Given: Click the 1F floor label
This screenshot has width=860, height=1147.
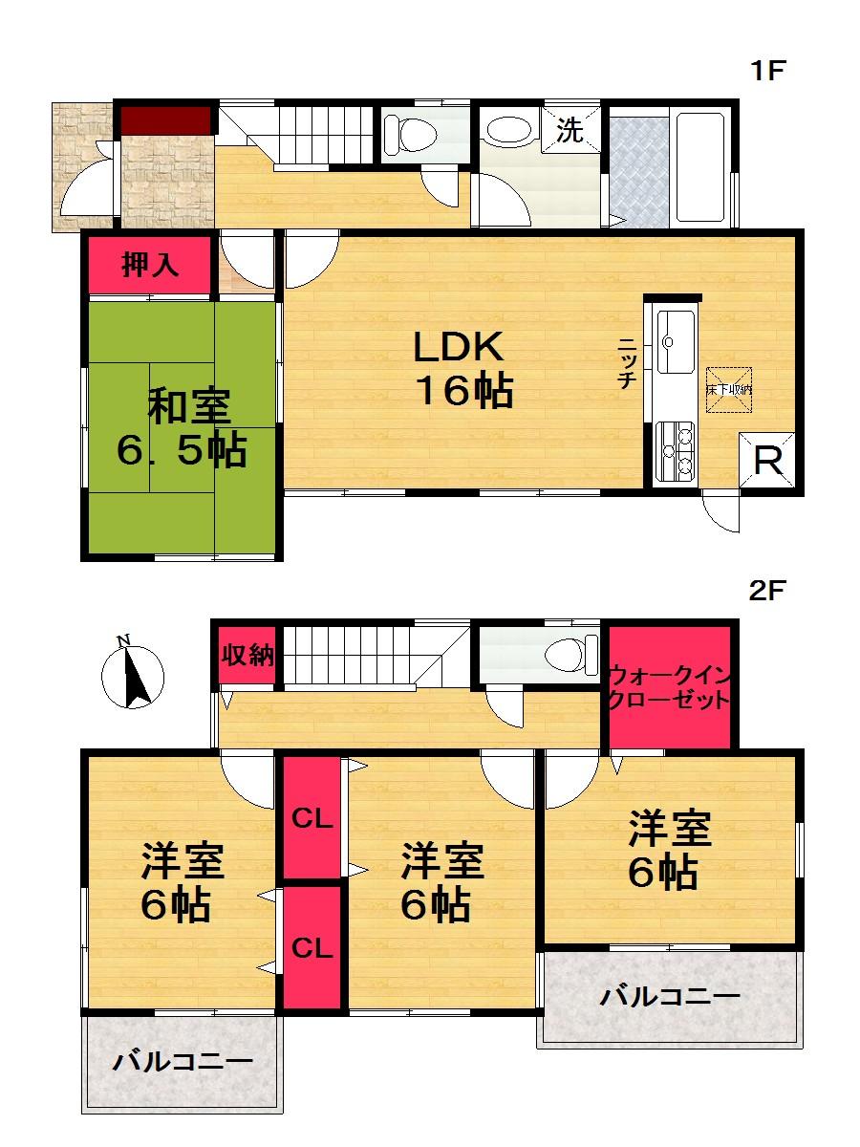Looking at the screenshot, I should (x=768, y=71).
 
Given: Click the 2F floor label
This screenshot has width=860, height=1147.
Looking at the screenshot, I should (x=766, y=590).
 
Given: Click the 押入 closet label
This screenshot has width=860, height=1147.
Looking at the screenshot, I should (x=149, y=266).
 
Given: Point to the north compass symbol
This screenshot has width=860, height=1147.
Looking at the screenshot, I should (x=132, y=675).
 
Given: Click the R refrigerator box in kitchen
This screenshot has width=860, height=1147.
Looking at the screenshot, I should (x=767, y=463).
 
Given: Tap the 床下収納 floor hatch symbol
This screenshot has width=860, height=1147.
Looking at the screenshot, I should (x=729, y=389).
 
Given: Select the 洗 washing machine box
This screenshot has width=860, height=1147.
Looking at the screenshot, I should (x=570, y=131).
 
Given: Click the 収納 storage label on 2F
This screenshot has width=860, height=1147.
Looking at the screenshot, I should (x=248, y=656).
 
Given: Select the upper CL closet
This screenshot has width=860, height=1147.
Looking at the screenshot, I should (x=312, y=819).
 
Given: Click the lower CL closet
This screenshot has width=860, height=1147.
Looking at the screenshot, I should (x=312, y=948).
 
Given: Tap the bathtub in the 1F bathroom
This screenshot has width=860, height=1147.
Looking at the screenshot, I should (x=701, y=167).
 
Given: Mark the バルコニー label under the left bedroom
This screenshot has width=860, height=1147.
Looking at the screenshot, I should (x=182, y=1061).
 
